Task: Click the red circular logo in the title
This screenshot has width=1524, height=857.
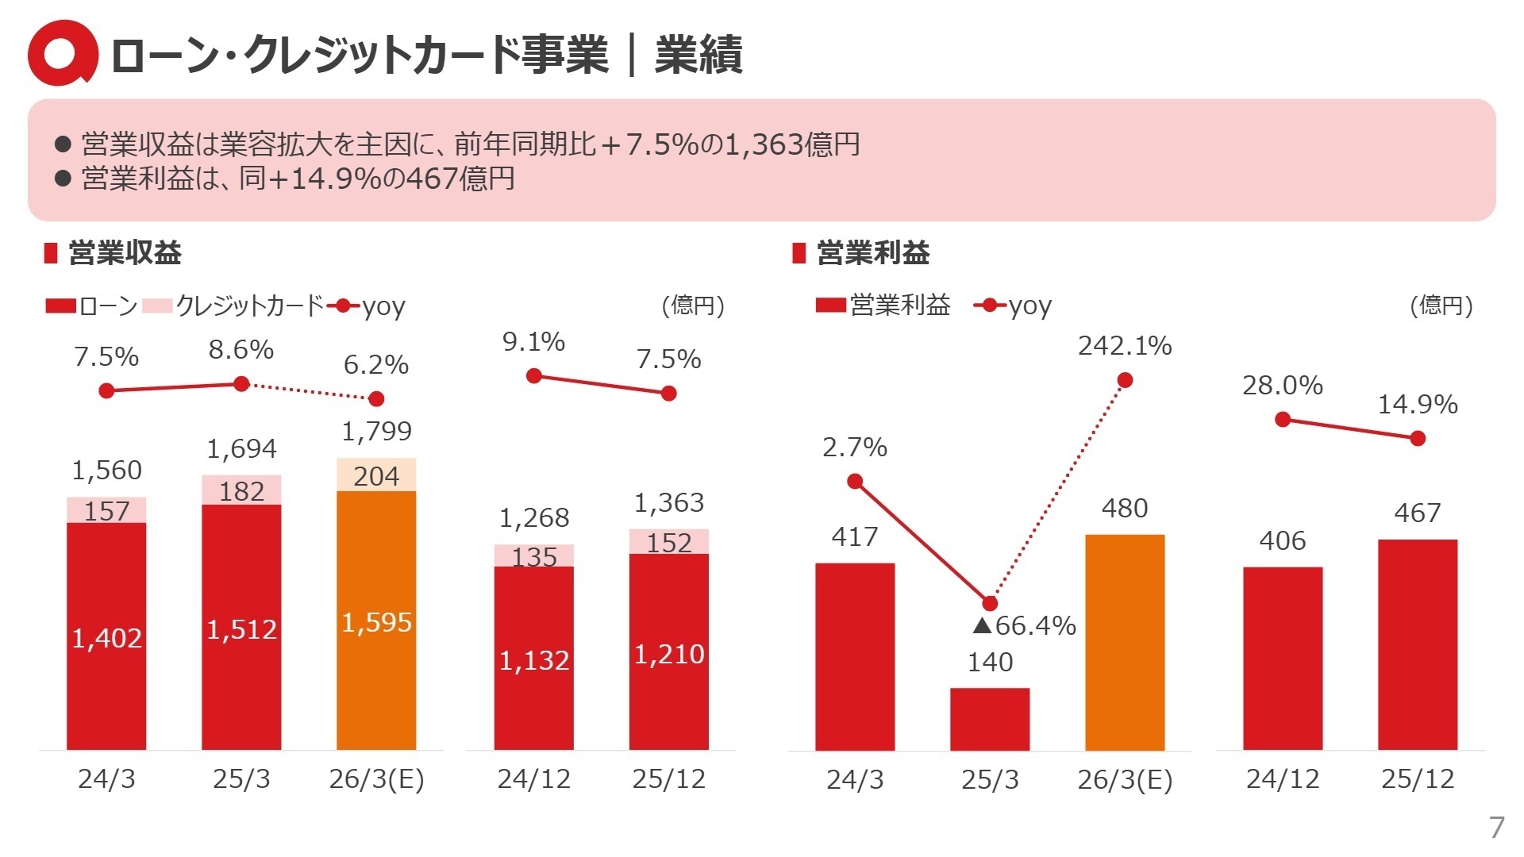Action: (62, 54)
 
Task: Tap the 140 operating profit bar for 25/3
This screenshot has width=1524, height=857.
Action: (989, 718)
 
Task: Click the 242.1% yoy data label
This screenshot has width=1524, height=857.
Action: (1124, 346)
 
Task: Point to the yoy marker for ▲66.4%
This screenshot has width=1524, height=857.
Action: (989, 603)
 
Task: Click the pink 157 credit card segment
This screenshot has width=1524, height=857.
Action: (106, 510)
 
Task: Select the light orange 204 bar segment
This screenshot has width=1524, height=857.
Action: (376, 475)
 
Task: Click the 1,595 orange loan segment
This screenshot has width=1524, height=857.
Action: (376, 621)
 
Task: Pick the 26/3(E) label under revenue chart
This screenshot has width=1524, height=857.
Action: (376, 779)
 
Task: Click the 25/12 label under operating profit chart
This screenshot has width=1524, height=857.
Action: (1418, 779)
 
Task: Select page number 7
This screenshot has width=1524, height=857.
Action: (1496, 827)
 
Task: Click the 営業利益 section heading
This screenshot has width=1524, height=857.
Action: (872, 253)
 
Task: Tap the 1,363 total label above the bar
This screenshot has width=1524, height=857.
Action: (668, 503)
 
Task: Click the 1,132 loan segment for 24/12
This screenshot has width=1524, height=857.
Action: (533, 660)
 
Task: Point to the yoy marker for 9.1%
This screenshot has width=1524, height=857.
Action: (534, 375)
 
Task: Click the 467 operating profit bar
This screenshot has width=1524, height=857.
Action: (1418, 644)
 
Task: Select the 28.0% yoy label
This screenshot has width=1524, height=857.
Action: (1282, 386)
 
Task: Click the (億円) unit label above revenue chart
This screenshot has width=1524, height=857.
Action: (693, 306)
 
